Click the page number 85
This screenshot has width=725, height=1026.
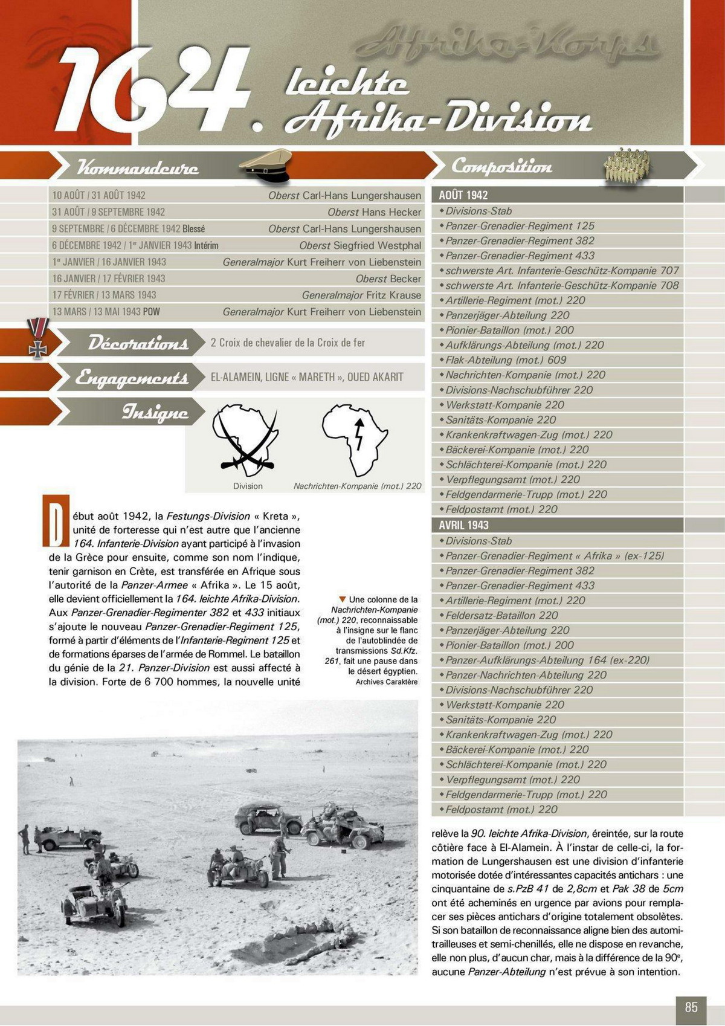point(691,1007)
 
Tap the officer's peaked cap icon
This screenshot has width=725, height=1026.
point(266,164)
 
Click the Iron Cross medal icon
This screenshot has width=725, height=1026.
point(37,338)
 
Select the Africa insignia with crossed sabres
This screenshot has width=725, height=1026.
point(246,439)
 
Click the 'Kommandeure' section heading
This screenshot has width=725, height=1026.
point(138,167)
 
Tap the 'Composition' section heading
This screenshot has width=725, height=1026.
point(501,166)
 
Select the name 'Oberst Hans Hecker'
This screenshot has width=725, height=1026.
point(374,212)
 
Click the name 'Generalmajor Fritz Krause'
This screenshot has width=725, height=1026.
point(361,295)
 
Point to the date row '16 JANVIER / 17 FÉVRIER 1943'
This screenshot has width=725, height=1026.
point(109,279)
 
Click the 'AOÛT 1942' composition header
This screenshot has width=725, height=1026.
point(463,195)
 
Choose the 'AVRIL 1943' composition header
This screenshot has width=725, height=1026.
point(463,525)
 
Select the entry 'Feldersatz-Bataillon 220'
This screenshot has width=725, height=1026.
point(501,615)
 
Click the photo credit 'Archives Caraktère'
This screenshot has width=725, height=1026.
point(386,682)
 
